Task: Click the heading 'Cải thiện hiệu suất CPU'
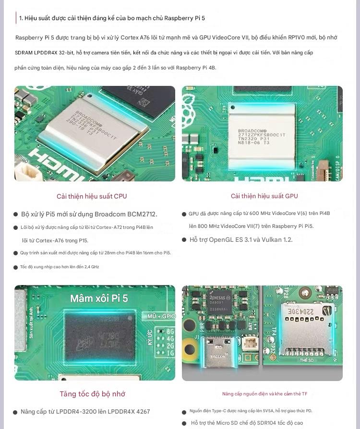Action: click(x=92, y=196)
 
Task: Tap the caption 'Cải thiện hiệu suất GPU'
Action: click(x=264, y=196)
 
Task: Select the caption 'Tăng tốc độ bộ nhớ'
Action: click(x=92, y=394)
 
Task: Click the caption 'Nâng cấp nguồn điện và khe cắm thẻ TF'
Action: click(x=264, y=394)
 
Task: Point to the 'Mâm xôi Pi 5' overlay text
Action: click(x=99, y=298)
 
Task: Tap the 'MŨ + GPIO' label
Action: click(x=161, y=316)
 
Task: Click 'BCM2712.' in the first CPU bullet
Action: click(x=142, y=214)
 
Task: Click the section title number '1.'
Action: click(x=21, y=18)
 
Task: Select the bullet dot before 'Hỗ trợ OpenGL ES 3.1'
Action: click(x=184, y=240)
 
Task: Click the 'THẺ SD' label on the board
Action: click(x=307, y=360)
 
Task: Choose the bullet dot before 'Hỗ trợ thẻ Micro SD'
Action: click(x=184, y=423)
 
